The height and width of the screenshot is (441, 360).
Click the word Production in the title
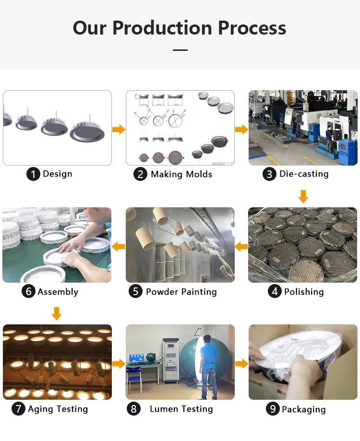(163, 28)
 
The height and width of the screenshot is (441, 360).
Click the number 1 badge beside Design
(33, 174)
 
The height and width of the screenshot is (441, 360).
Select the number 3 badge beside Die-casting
(269, 174)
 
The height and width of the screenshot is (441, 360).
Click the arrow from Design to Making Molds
(119, 130)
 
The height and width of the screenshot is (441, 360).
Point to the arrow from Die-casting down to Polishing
(303, 196)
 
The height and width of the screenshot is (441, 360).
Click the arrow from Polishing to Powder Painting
(241, 247)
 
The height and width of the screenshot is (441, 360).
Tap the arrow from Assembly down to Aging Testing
(57, 313)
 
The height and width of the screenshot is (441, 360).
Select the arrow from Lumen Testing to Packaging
(241, 364)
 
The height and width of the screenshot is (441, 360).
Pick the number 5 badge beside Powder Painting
(135, 291)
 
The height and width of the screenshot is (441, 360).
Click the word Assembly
(58, 292)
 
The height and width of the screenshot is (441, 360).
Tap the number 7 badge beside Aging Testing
(18, 409)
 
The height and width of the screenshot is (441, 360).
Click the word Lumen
(164, 409)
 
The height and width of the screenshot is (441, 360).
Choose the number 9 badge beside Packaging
(273, 409)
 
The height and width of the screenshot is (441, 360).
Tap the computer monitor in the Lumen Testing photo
(137, 358)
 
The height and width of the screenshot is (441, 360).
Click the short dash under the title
(180, 50)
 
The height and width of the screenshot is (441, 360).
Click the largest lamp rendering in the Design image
(87, 131)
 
